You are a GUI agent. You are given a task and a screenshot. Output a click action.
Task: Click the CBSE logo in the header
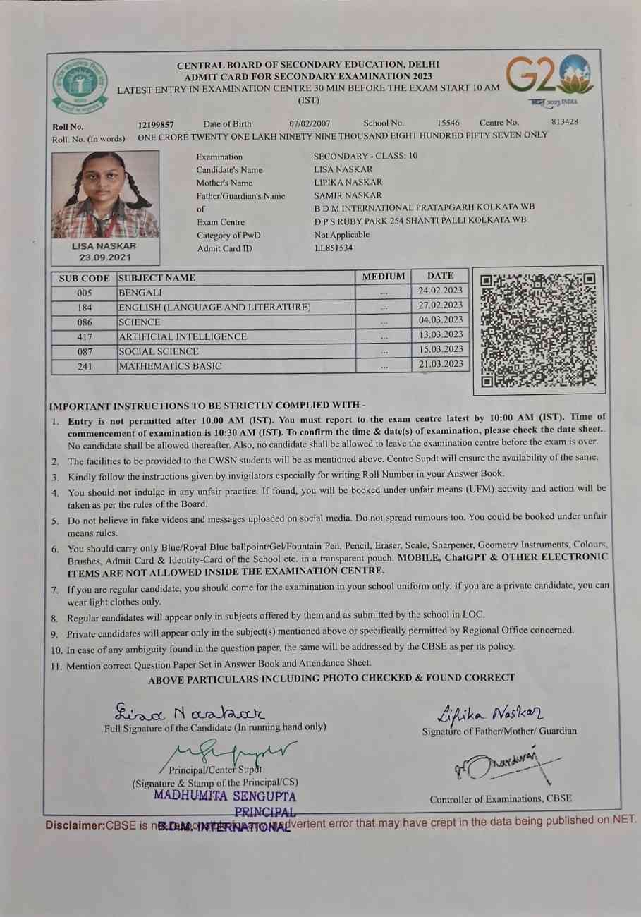pos(80,85)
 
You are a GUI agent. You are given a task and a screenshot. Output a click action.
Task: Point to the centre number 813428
pos(565,121)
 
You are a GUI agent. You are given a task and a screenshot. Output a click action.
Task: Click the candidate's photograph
pos(104,195)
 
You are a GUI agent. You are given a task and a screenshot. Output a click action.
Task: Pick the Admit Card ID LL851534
pos(334,248)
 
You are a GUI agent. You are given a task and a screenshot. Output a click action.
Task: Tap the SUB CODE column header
pos(84,278)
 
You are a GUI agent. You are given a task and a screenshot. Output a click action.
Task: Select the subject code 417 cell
pos(85,336)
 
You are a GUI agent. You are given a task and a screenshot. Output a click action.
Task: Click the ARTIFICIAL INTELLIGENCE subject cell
pos(183,336)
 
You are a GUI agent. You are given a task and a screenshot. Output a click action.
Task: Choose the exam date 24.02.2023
pos(440,291)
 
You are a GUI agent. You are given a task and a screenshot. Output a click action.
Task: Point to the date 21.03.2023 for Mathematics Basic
pos(440,364)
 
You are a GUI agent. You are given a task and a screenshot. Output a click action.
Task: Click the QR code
pos(538,330)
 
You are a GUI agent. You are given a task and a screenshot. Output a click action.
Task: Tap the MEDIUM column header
pos(383,277)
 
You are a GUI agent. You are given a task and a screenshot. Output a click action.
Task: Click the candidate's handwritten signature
pos(189,710)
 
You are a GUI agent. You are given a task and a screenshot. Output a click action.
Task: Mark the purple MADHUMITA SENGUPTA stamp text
pos(225,796)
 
